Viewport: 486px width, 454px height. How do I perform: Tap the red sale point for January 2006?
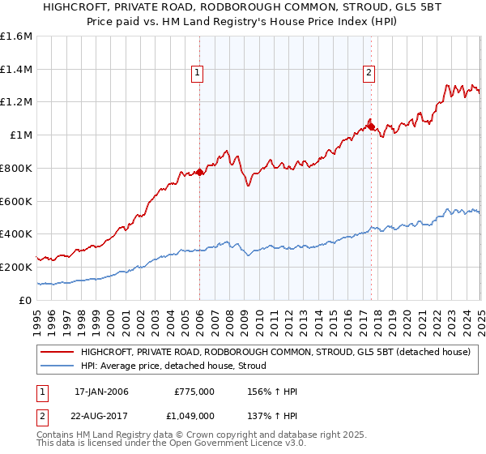click(x=199, y=172)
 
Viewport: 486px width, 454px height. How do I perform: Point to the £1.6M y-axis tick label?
click(x=16, y=36)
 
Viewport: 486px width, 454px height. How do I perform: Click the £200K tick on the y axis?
click(x=16, y=267)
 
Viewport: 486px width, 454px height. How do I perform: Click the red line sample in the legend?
click(x=57, y=352)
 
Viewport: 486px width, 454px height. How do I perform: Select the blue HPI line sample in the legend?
click(x=57, y=366)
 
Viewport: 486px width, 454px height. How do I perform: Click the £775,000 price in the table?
click(x=194, y=392)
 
